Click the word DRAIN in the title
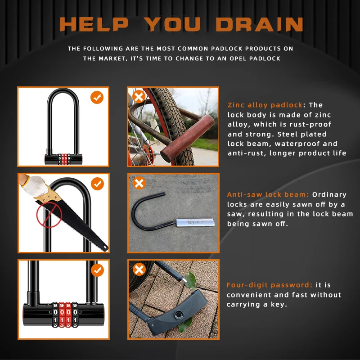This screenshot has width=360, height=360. (x=260, y=24)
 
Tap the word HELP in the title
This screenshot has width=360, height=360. (x=94, y=24)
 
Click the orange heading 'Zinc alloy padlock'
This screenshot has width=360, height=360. (x=265, y=105)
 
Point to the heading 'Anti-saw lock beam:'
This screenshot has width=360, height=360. (x=268, y=194)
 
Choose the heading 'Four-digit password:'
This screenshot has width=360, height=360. (x=270, y=285)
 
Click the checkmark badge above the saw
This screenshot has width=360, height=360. (x=97, y=184)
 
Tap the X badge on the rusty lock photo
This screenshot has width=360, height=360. (x=139, y=97)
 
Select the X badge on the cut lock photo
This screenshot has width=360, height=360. (x=139, y=183)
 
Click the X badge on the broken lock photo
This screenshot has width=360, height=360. (x=139, y=269)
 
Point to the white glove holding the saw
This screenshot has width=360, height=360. (x=35, y=186)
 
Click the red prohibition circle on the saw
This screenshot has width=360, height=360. (x=49, y=215)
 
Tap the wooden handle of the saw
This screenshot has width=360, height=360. (x=48, y=195)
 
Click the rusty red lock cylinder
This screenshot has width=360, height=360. (x=188, y=138)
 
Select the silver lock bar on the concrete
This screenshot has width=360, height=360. (x=195, y=222)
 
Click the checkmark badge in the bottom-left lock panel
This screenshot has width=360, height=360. (x=97, y=270)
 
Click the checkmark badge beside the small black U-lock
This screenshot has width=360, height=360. (x=97, y=97)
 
